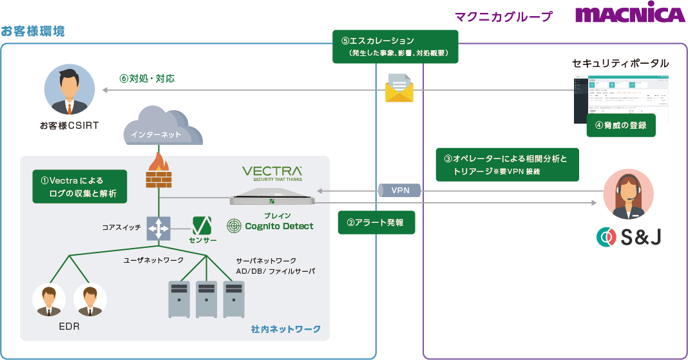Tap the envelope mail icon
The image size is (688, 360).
(399, 88)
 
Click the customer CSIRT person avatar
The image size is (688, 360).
(70, 90)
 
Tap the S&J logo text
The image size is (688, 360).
(629, 238)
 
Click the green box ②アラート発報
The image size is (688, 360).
(376, 223)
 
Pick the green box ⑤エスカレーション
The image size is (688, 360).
(395, 46)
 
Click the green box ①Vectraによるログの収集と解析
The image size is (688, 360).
(79, 187)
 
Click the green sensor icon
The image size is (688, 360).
(203, 225)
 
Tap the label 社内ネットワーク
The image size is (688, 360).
(285, 329)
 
